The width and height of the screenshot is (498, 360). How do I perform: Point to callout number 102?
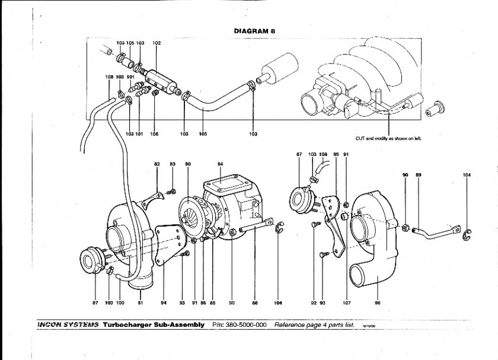(x=157, y=43)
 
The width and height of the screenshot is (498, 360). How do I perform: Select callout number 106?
(x=154, y=134)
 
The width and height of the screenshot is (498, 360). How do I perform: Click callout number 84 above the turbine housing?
(x=220, y=163)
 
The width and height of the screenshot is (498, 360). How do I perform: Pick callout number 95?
(x=336, y=154)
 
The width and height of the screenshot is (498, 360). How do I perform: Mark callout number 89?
(x=418, y=176)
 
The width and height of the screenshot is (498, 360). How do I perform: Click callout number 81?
(x=141, y=302)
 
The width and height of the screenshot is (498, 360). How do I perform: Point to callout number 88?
(x=255, y=302)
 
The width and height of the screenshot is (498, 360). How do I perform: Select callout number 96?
(x=377, y=302)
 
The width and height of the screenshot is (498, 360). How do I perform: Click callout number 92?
(x=314, y=302)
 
